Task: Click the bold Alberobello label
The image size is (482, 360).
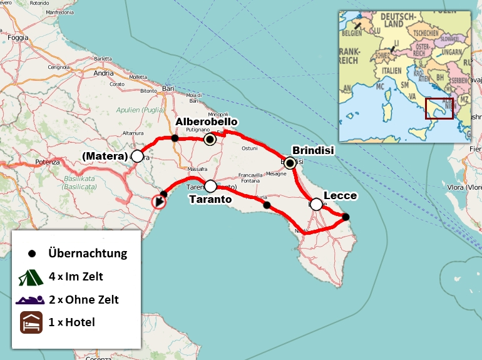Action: coord(207,121)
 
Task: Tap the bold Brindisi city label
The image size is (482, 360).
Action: coord(314,150)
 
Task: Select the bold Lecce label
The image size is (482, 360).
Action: coord(340,195)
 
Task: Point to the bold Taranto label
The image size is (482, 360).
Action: coord(210,199)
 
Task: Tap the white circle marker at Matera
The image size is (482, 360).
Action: coord(137,156)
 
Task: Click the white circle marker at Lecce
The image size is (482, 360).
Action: coord(316,204)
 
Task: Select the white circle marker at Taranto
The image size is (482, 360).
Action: coord(210,186)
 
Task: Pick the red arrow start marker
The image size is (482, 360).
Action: coord(159,202)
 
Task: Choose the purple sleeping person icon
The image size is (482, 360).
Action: coord(29,299)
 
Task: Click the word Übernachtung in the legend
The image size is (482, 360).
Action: coord(88,254)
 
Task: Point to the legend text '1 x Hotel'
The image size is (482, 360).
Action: coord(71,322)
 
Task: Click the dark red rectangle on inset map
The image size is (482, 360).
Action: coord(439,108)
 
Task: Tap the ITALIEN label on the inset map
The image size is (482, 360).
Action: coord(391,71)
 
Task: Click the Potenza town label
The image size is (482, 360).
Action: coord(48,162)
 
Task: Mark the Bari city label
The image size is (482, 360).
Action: coord(168,89)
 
